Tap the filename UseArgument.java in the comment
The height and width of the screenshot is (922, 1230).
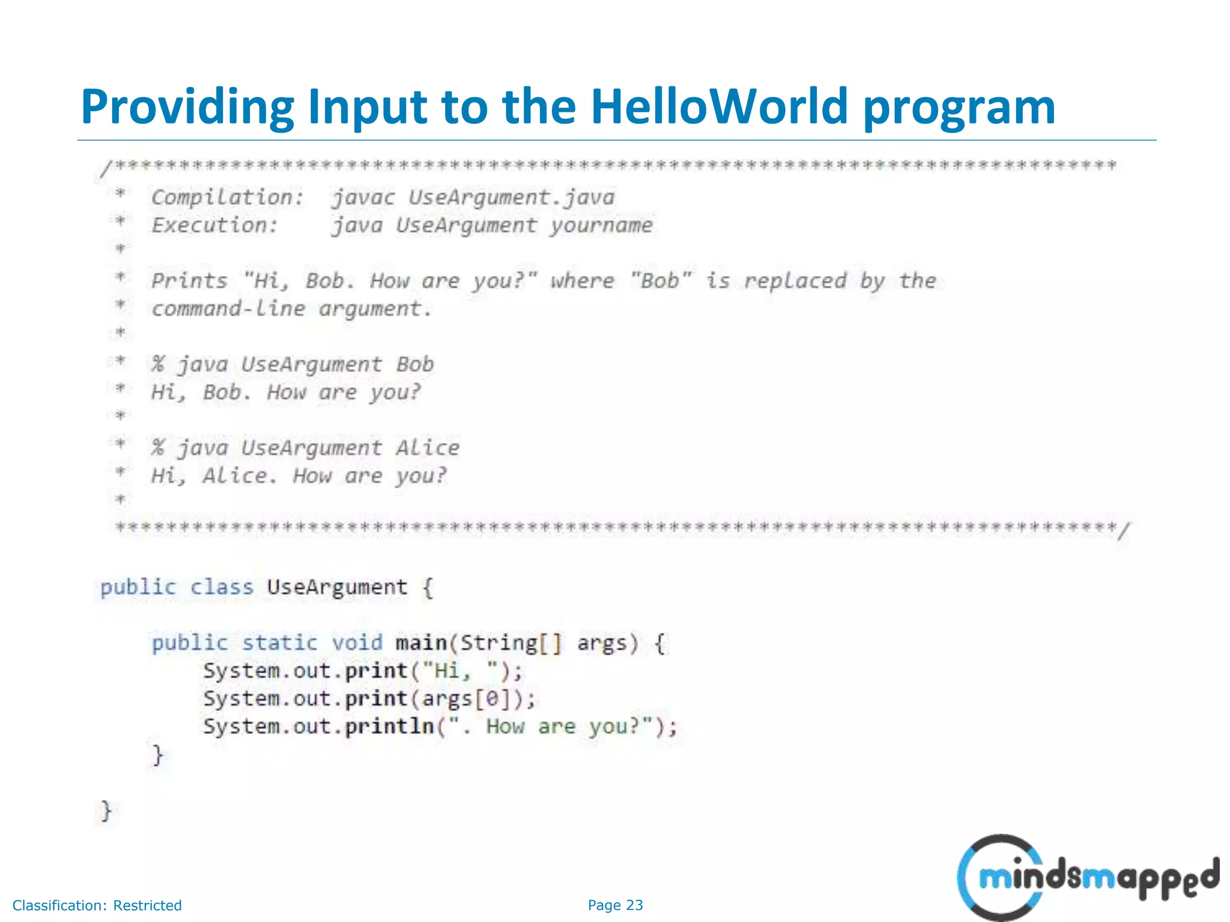pos(512,197)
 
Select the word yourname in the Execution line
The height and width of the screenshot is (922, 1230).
pos(602,226)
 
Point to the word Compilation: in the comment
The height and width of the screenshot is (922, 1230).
pos(228,197)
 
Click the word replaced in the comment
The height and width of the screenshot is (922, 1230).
pos(795,281)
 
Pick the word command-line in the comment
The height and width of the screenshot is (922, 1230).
pos(228,309)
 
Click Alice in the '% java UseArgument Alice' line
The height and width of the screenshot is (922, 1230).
pos(428,448)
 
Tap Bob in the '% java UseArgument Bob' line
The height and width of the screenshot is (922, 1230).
pos(415,364)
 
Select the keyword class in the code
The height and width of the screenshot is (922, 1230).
pos(222,587)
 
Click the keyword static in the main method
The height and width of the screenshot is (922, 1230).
pos(279,643)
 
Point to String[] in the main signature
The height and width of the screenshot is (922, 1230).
pos(510,643)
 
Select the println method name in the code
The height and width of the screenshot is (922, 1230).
pos(389,726)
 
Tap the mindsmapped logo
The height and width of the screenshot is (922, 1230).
pos(1087,878)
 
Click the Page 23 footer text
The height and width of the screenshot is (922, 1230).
pos(615,905)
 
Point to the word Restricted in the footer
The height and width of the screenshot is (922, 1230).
pos(147,905)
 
